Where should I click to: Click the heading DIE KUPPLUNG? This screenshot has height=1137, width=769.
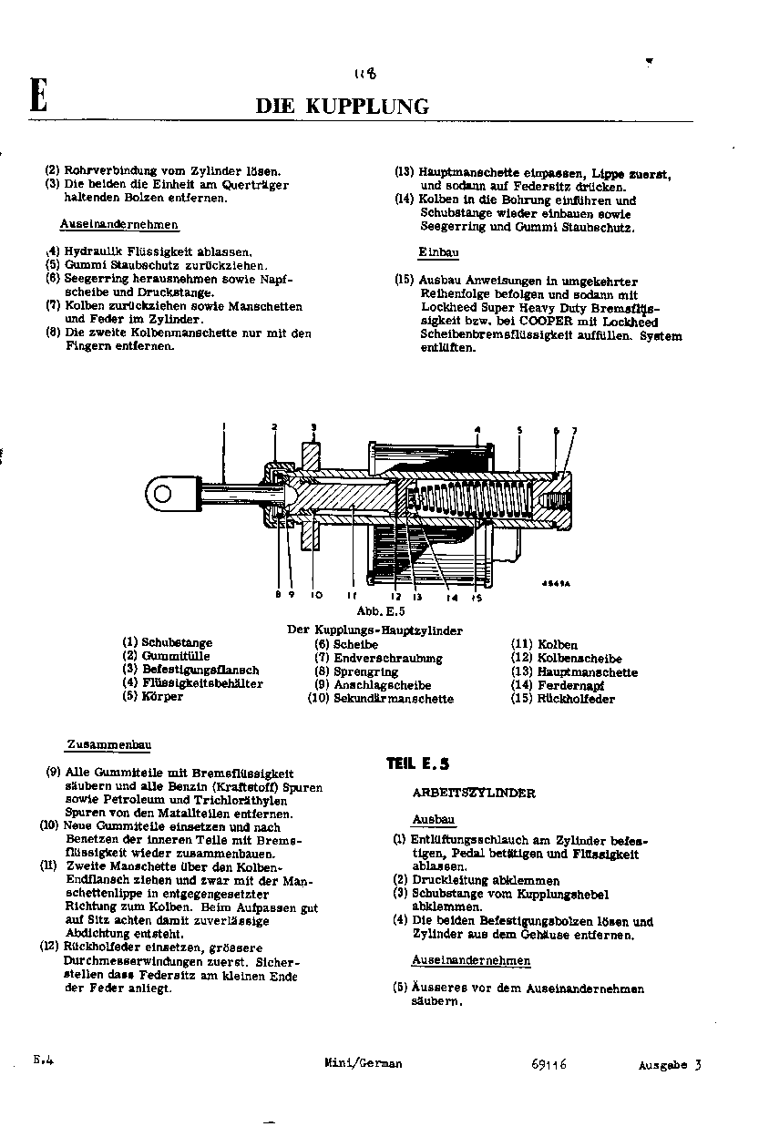coord(342,107)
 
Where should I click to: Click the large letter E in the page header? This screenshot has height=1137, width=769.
coord(37,96)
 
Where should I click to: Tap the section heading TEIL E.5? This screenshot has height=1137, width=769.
coord(417,764)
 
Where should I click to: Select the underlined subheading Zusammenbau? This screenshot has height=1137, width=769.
coord(108,745)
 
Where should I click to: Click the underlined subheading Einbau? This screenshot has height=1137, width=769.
coord(438,252)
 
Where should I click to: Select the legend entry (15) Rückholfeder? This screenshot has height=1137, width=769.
coord(562,699)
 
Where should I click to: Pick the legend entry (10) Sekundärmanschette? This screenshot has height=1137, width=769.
coord(380,699)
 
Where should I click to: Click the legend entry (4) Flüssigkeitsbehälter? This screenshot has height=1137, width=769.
coord(192,683)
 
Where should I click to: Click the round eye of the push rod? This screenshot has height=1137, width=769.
coord(164,495)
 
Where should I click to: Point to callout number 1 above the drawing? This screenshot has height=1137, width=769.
coord(224,425)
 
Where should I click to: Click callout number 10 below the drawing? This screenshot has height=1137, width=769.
coord(316,595)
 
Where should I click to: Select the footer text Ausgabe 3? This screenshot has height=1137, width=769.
coord(670,1065)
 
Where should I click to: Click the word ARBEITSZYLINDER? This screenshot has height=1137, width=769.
coord(473,794)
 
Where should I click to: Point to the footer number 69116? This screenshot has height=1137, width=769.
coord(547,1064)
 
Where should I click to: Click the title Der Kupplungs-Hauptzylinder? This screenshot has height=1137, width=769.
coord(374,630)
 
